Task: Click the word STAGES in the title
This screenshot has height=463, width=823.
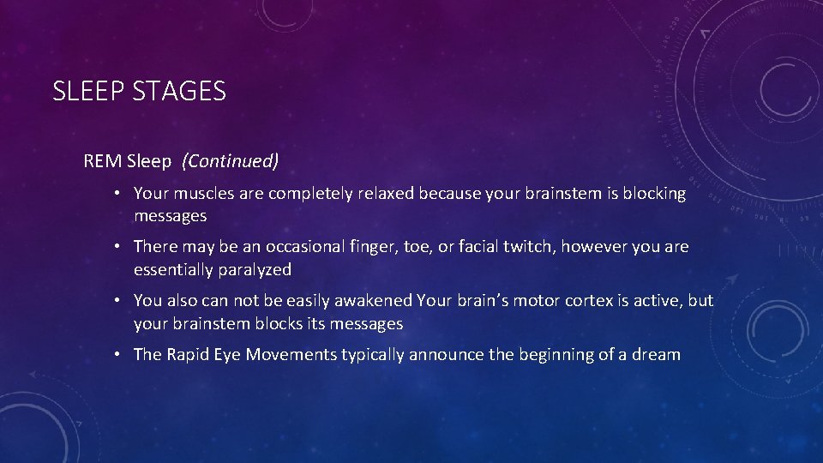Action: [x=179, y=91]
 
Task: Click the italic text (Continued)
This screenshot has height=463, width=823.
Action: [x=231, y=160]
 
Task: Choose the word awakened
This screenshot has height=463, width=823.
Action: [x=373, y=301]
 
